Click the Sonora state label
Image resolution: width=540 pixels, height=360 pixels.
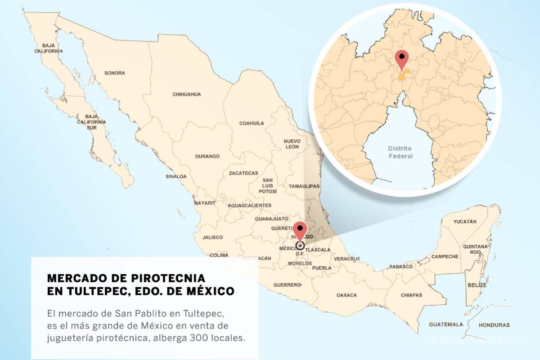pyautogui.click(x=114, y=73)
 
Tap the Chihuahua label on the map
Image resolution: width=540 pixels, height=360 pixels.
pyautogui.click(x=186, y=94)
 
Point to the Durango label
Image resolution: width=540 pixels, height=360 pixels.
pyautogui.click(x=207, y=157)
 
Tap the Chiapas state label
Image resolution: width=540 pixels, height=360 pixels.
pyautogui.click(x=411, y=295)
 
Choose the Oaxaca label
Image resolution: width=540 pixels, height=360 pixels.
pyautogui.click(x=346, y=295)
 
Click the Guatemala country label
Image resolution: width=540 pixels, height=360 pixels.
pyautogui.click(x=445, y=324)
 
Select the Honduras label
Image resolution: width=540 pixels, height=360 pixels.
pyautogui.click(x=494, y=325)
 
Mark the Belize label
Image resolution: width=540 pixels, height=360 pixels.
pyautogui.click(x=477, y=285)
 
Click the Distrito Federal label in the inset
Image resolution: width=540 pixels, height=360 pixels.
pyautogui.click(x=400, y=152)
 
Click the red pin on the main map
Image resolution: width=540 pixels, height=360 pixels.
pyautogui.click(x=300, y=229)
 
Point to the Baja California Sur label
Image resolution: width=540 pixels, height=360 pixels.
pyautogui.click(x=98, y=122)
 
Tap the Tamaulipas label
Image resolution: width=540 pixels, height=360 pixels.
pyautogui.click(x=304, y=186)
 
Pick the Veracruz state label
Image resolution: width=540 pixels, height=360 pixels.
pyautogui.click(x=346, y=259)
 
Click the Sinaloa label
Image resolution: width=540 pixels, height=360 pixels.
pyautogui.click(x=175, y=176)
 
